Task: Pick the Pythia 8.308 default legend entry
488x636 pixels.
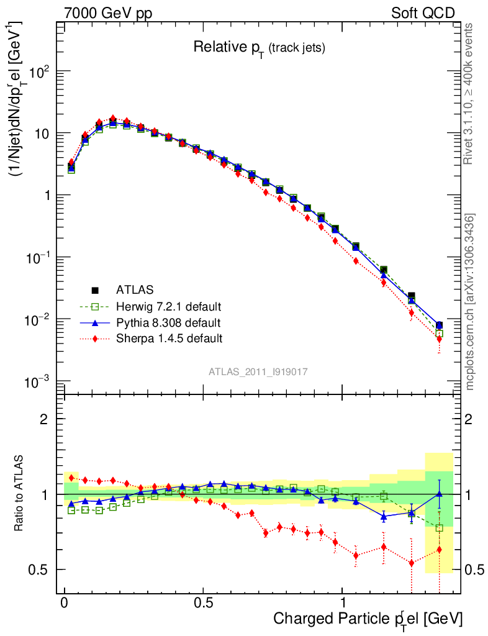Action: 168,322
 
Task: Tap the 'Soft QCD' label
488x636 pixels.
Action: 423,13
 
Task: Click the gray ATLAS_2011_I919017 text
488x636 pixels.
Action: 258,371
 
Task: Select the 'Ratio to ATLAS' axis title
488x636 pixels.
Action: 20,494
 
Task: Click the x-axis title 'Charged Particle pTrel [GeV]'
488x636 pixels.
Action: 368,619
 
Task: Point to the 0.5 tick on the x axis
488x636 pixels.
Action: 204,603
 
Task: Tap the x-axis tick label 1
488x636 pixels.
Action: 343,603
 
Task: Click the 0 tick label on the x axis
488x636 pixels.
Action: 65,603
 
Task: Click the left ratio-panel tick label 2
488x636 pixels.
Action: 43,419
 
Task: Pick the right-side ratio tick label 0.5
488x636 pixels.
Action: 474,570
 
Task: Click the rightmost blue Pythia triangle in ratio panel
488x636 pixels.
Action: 439,494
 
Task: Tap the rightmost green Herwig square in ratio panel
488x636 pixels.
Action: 439,528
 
